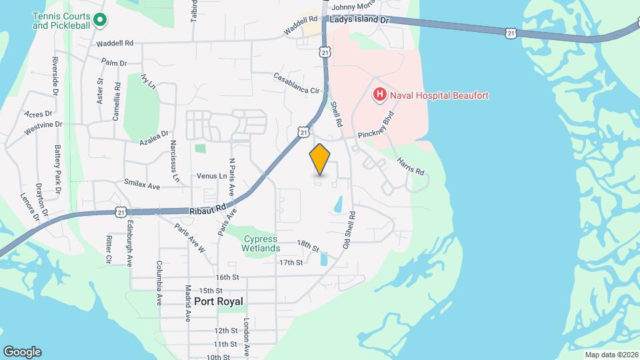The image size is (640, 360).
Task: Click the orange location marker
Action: pos(320,159)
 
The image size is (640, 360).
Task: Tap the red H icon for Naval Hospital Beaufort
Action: pos(379,95)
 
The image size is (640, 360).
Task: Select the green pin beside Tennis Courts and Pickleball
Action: pos(100,20)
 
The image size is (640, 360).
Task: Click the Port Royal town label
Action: pos(219,301)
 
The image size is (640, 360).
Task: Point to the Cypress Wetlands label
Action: pos(261,243)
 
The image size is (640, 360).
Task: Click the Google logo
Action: pos(22,352)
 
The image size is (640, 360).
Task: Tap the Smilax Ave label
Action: pos(142,184)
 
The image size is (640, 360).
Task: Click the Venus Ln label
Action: pos(212,176)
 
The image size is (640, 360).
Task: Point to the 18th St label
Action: pos(309,245)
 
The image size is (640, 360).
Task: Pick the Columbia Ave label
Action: pos(160,283)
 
